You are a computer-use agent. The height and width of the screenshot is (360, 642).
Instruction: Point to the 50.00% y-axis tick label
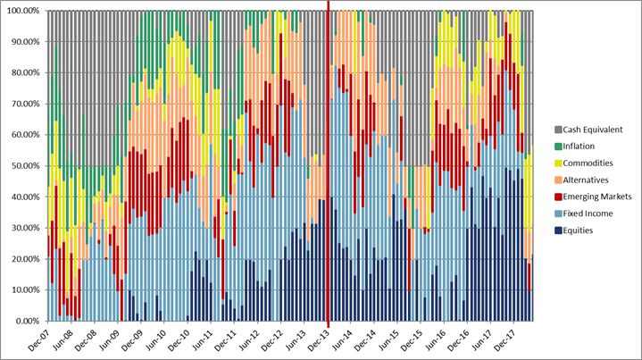pyautogui.click(x=23, y=166)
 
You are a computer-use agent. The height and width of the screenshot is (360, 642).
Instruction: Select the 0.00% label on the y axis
pyautogui.click(x=25, y=321)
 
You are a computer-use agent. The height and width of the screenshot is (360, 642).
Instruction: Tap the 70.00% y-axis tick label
pyautogui.click(x=23, y=104)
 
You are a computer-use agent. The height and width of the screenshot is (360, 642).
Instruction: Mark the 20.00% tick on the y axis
pyautogui.click(x=23, y=259)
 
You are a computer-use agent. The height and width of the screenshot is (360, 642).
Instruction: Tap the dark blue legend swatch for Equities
pyautogui.click(x=559, y=230)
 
